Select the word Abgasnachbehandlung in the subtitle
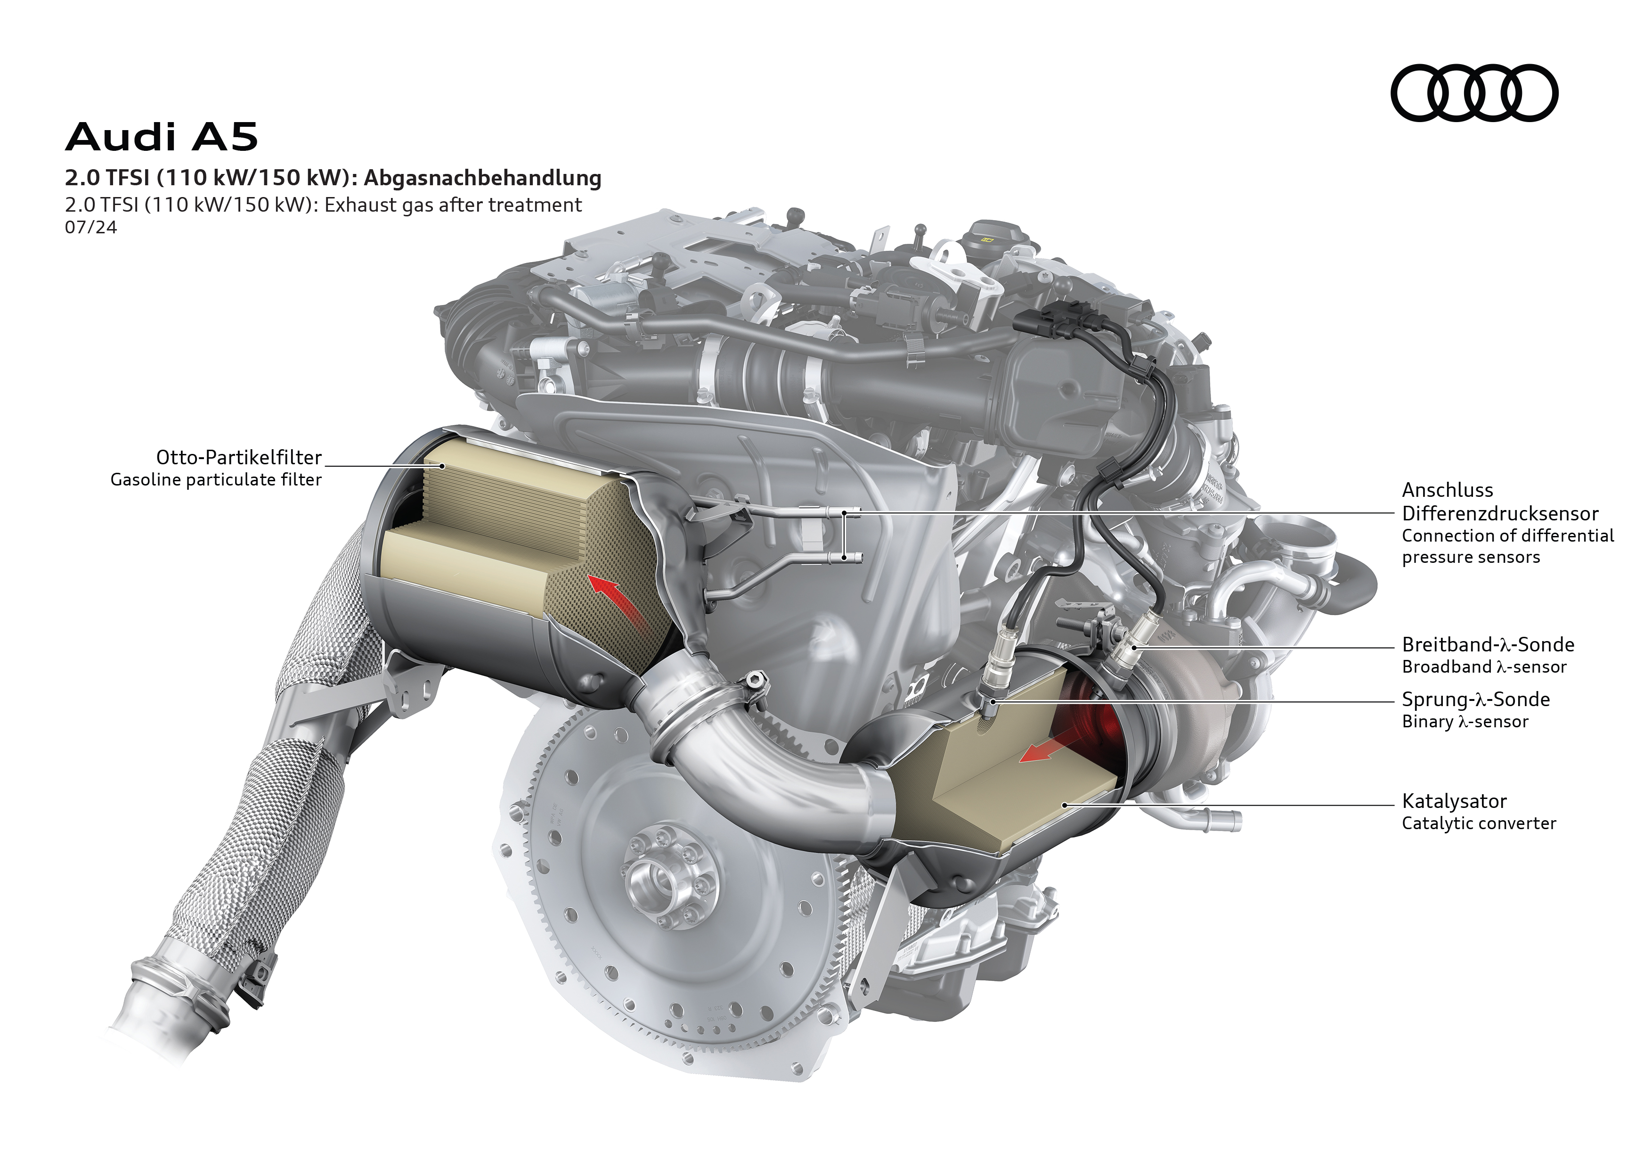coord(482,178)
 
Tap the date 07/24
coord(90,228)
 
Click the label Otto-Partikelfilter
coord(239,457)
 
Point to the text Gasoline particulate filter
coord(216,479)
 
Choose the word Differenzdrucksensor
coord(1500,513)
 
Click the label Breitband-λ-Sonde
coord(1488,644)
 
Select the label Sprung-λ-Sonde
coord(1476,699)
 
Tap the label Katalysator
coord(1454,801)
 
